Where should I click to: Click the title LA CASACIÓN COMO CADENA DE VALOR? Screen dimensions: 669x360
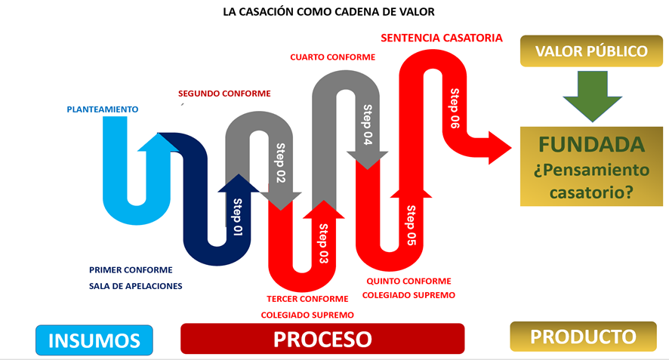click(328, 11)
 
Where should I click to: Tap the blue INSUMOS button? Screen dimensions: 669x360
click(94, 340)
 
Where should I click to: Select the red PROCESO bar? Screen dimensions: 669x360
click(322, 339)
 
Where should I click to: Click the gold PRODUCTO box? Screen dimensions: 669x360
click(583, 337)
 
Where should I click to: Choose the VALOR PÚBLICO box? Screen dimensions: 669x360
click(591, 51)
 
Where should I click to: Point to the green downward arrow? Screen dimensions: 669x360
click(592, 97)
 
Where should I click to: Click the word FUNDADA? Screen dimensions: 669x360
click(591, 145)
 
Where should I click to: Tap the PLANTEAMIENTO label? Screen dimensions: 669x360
click(103, 109)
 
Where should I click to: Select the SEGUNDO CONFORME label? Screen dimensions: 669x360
click(224, 94)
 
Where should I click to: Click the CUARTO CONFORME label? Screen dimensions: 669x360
click(333, 57)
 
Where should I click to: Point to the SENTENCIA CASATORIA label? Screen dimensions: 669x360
click(442, 38)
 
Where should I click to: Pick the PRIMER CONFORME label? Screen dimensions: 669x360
click(131, 270)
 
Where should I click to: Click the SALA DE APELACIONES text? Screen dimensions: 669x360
click(136, 286)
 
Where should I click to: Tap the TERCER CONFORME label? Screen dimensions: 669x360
click(307, 299)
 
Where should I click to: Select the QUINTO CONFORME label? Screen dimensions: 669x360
click(408, 281)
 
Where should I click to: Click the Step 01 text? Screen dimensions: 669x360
click(238, 217)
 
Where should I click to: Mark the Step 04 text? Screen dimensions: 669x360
click(368, 125)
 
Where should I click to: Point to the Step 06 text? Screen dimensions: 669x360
click(455, 109)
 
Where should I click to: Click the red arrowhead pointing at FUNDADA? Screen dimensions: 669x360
click(500, 148)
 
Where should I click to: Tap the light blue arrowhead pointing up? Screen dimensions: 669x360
click(158, 143)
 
